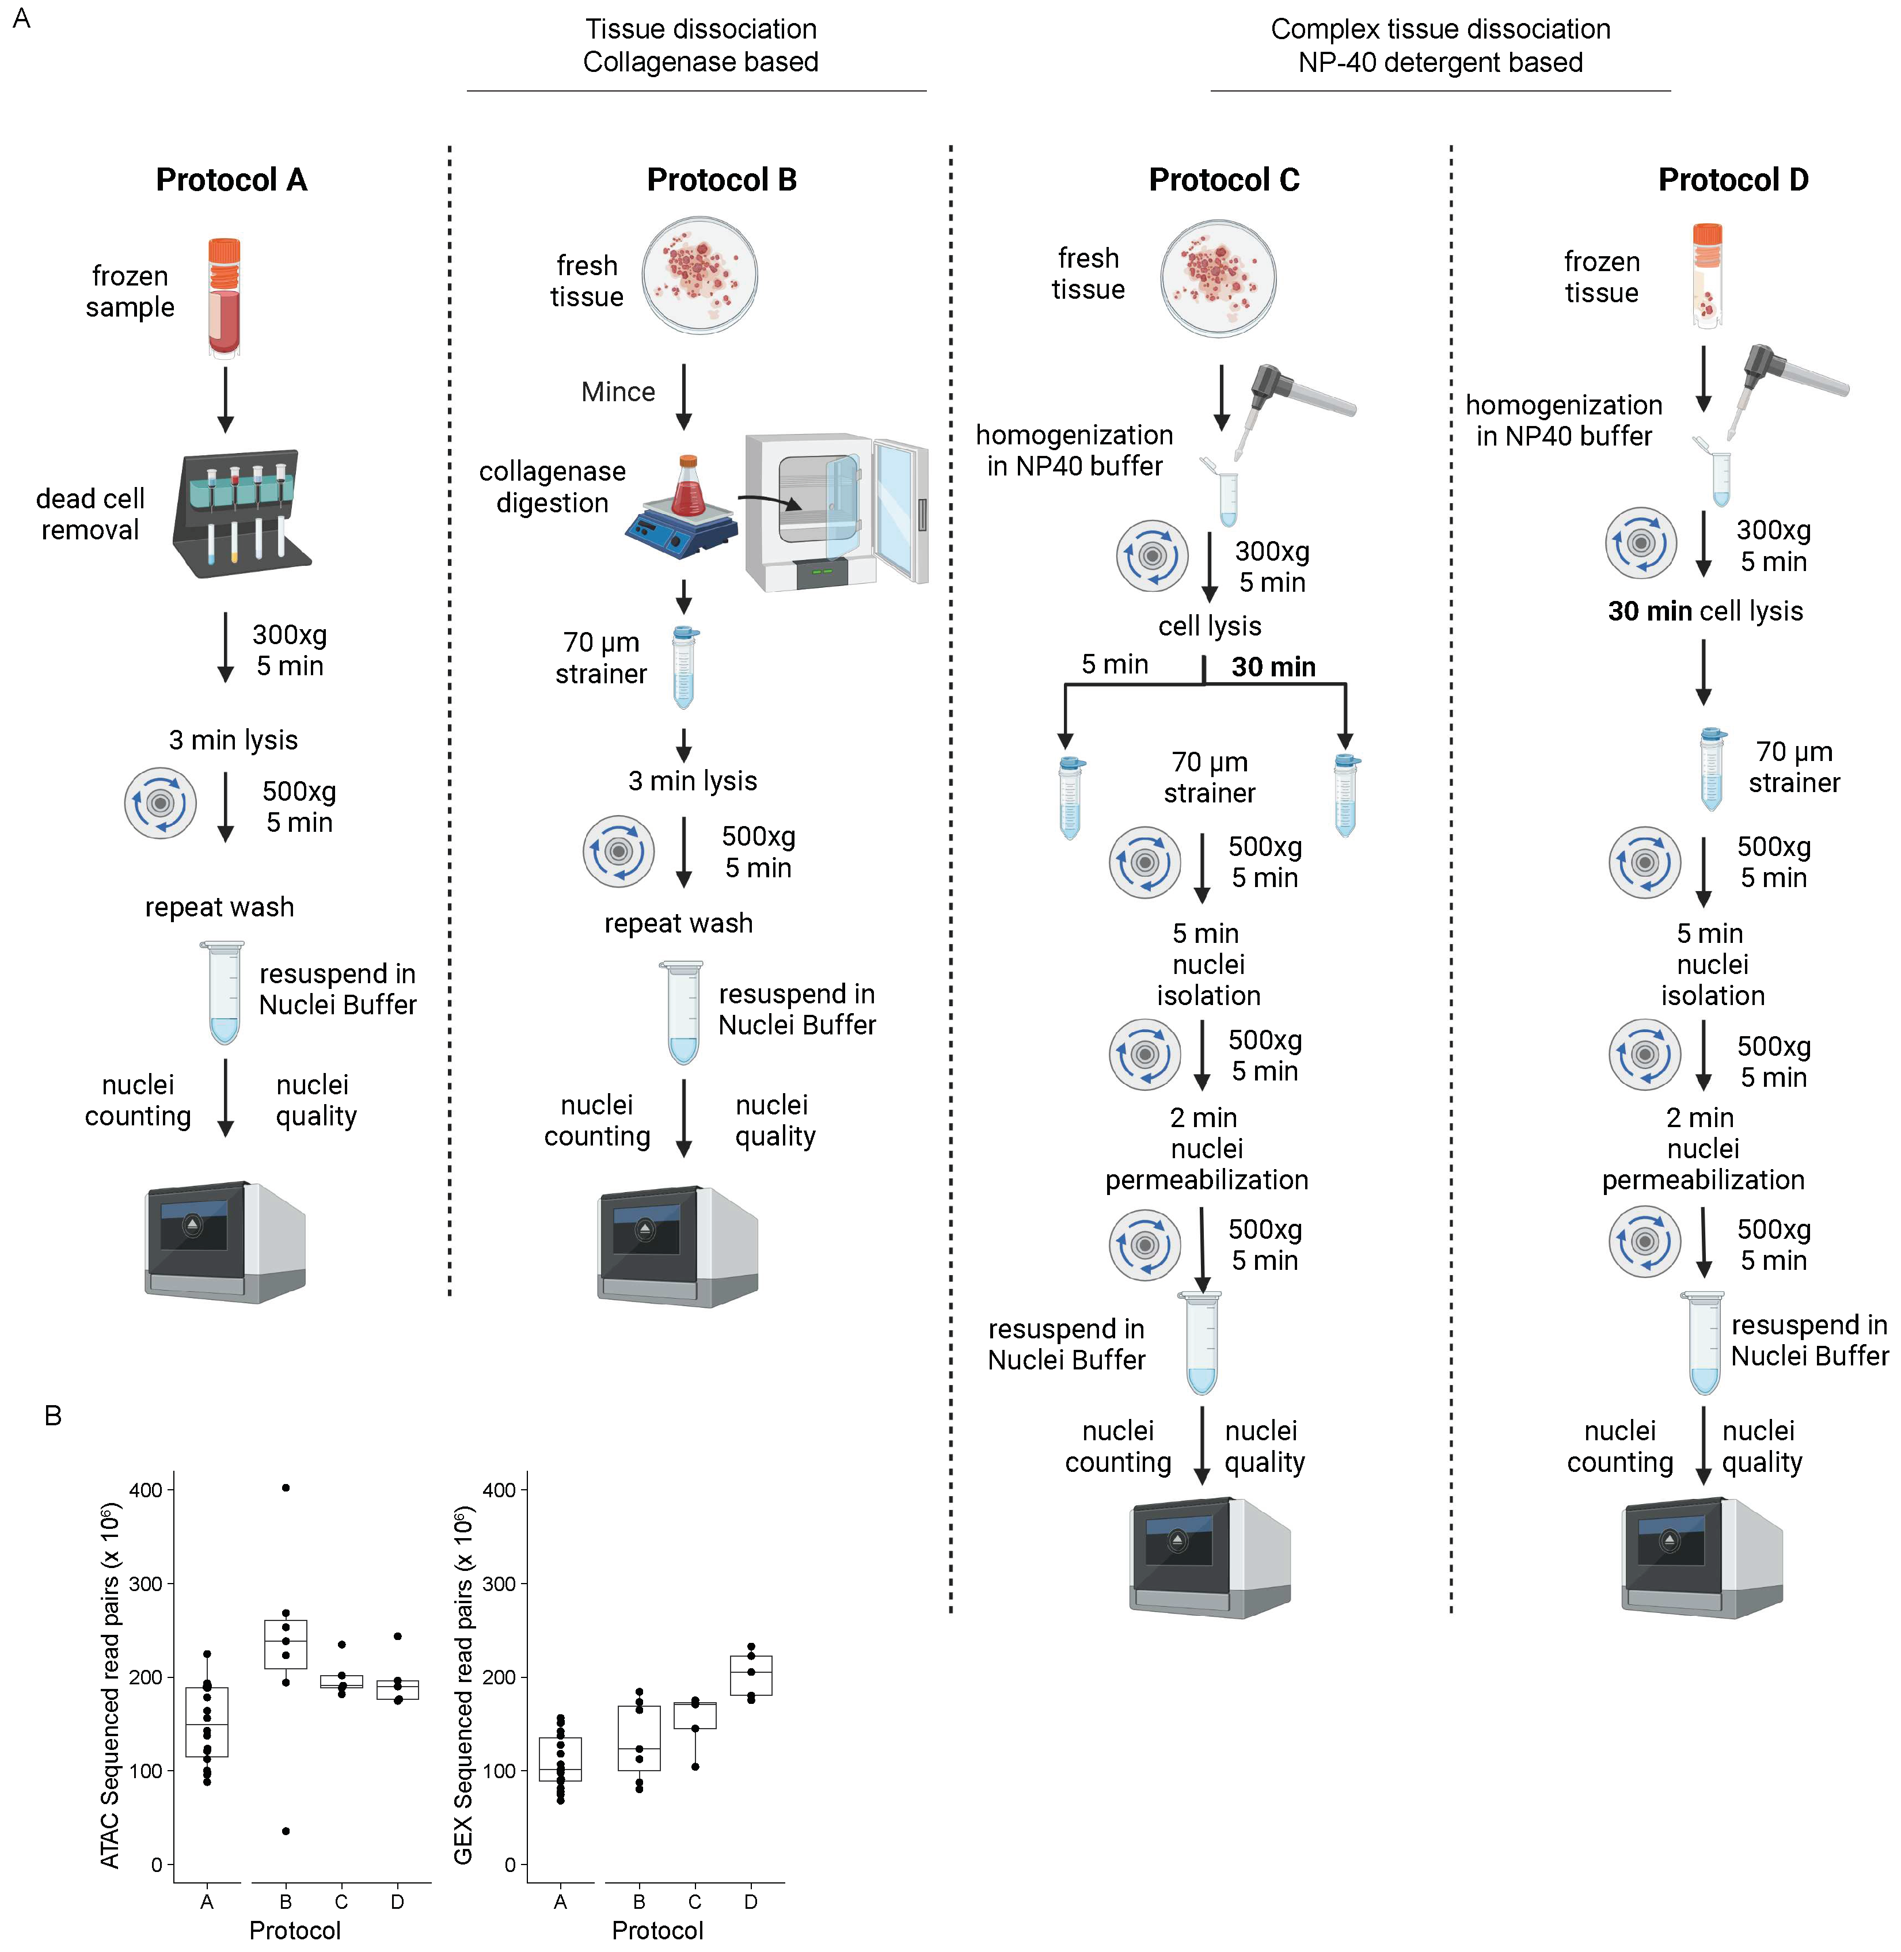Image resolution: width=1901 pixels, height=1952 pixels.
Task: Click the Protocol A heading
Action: pos(231,180)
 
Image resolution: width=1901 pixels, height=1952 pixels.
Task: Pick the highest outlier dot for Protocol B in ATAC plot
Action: pos(286,1487)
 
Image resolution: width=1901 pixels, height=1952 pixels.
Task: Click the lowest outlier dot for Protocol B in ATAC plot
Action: pos(286,1831)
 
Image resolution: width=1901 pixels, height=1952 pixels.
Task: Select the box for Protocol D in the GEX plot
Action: pos(751,1676)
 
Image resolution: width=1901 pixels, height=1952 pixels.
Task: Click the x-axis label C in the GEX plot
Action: pos(695,1901)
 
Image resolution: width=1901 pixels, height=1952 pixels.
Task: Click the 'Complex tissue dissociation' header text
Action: pos(1440,29)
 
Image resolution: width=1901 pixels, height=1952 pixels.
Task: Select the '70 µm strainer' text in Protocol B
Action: pos(601,658)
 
